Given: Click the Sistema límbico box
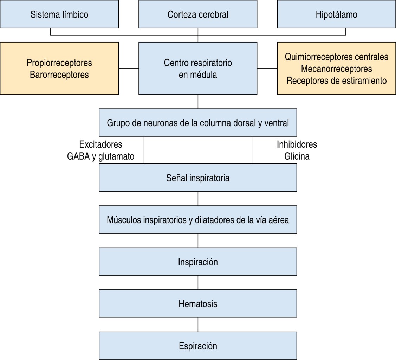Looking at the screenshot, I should pyautogui.click(x=59, y=14).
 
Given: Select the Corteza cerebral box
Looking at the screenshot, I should pyautogui.click(x=198, y=14).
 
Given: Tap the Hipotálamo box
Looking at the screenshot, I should pyautogui.click(x=336, y=14).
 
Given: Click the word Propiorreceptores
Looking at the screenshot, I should pyautogui.click(x=59, y=63).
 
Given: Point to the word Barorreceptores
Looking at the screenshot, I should pyautogui.click(x=59, y=75).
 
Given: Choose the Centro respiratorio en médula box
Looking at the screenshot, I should pyautogui.click(x=198, y=69).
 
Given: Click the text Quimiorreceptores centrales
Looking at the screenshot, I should pyautogui.click(x=336, y=57).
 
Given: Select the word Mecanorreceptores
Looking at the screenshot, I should pyautogui.click(x=336, y=69).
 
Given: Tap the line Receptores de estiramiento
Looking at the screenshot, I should pyautogui.click(x=336, y=81).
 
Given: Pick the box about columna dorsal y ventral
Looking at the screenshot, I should pyautogui.click(x=198, y=123).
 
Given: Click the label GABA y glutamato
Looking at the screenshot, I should pyautogui.click(x=100, y=156).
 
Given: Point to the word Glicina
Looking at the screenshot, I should pyautogui.click(x=297, y=156).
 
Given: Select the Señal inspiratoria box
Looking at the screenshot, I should pyautogui.click(x=198, y=178).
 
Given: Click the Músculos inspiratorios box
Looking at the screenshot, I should pyautogui.click(x=198, y=220).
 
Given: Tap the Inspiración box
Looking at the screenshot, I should pyautogui.click(x=198, y=262).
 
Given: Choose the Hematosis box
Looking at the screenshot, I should pyautogui.click(x=198, y=304).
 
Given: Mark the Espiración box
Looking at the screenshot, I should pyautogui.click(x=198, y=346).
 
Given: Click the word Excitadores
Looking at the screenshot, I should pyautogui.click(x=100, y=144).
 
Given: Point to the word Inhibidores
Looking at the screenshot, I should pyautogui.click(x=297, y=144).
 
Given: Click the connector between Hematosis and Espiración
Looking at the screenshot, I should pyautogui.click(x=198, y=324).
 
